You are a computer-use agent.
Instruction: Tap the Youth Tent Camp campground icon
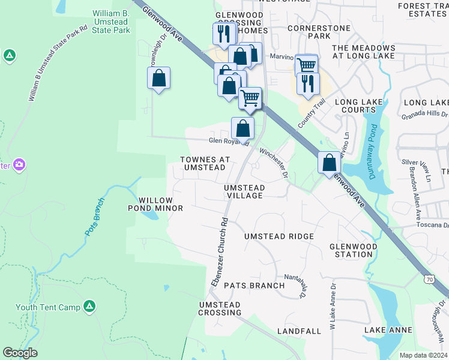[89, 307]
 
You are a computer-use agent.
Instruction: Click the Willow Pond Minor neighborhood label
[155, 204]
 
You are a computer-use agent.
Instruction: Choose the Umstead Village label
[244, 192]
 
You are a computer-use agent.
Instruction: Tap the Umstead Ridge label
[279, 236]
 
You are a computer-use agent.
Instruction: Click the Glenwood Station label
[354, 250]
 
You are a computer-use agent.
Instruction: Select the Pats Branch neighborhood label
[254, 286]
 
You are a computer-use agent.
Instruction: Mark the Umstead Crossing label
[219, 309]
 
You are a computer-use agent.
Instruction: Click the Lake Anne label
[388, 330]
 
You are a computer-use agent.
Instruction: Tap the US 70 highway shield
[429, 279]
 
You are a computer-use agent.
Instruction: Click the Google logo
[20, 353]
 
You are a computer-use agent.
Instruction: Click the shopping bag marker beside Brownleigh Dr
[158, 78]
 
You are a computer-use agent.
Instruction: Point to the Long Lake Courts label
[359, 106]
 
